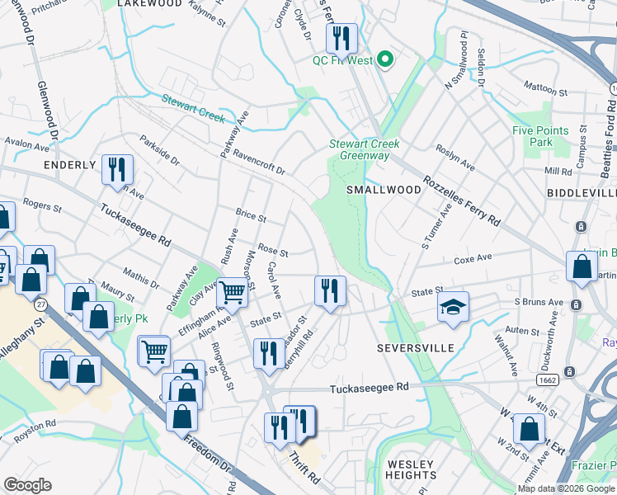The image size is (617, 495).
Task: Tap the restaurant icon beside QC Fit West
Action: [341, 39]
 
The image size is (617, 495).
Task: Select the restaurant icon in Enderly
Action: [116, 170]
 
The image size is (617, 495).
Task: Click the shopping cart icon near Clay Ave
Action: [233, 291]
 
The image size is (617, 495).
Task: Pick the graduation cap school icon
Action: [453, 307]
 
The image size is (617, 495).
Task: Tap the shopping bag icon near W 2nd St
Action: [529, 429]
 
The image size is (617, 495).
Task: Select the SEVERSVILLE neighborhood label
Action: [416, 348]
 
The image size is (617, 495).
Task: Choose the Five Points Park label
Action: [540, 136]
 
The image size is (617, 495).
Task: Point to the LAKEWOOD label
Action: [149, 4]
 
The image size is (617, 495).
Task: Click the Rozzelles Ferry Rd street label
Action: [462, 201]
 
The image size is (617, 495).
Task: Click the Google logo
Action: [28, 485]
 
